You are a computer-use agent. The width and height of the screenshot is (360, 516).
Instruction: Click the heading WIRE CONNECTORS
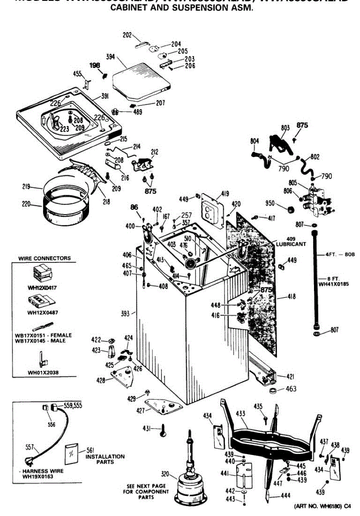pyautogui.click(x=44, y=258)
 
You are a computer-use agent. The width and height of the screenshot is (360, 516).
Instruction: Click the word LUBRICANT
pyautogui.click(x=291, y=244)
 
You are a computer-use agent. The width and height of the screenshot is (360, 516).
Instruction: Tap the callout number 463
pyautogui.click(x=291, y=389)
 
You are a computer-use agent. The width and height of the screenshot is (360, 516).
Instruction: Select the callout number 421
pyautogui.click(x=291, y=377)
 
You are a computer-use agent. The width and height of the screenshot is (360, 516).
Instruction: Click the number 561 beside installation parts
pyautogui.click(x=90, y=450)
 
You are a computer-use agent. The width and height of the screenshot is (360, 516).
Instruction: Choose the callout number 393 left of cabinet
pyautogui.click(x=125, y=313)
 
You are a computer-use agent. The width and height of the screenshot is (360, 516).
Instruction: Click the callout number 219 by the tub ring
pyautogui.click(x=26, y=187)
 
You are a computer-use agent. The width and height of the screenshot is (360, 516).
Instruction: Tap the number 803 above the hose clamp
pyautogui.click(x=285, y=127)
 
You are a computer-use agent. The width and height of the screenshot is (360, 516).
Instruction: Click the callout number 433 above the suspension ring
pyautogui.click(x=240, y=414)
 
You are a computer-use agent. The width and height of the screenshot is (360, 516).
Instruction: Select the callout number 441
pyautogui.click(x=224, y=473)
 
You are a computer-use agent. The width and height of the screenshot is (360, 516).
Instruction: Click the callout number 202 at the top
pyautogui.click(x=127, y=35)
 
